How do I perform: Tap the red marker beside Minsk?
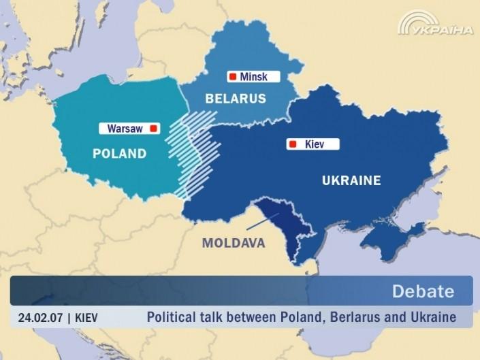pyautogui.click(x=233, y=77)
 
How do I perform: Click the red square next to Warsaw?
pyautogui.click(x=153, y=128)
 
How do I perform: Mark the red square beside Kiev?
pyautogui.click(x=293, y=144)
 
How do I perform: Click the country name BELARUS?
pyautogui.click(x=236, y=99)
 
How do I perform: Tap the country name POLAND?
pyautogui.click(x=119, y=153)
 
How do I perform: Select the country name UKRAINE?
pyautogui.click(x=351, y=180)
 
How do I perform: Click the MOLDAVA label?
pyautogui.click(x=234, y=243)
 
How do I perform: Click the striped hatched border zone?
pyautogui.click(x=194, y=153)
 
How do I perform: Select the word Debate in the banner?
pyautogui.click(x=422, y=292)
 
